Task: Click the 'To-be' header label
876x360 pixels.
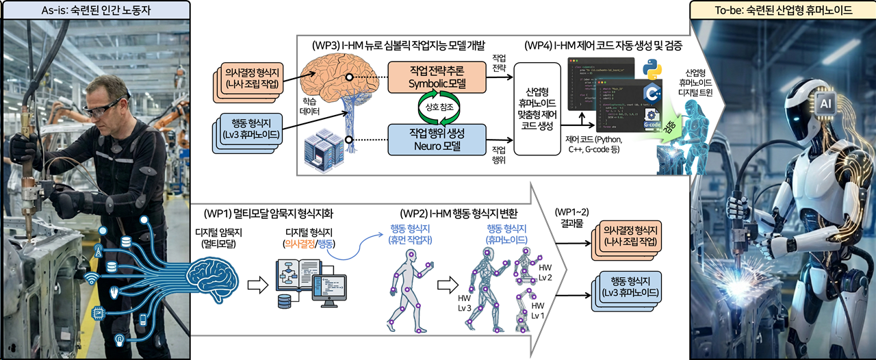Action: [x=782, y=10]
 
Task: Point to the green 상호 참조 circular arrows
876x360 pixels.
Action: [x=437, y=108]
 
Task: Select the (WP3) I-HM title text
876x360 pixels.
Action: [x=398, y=46]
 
